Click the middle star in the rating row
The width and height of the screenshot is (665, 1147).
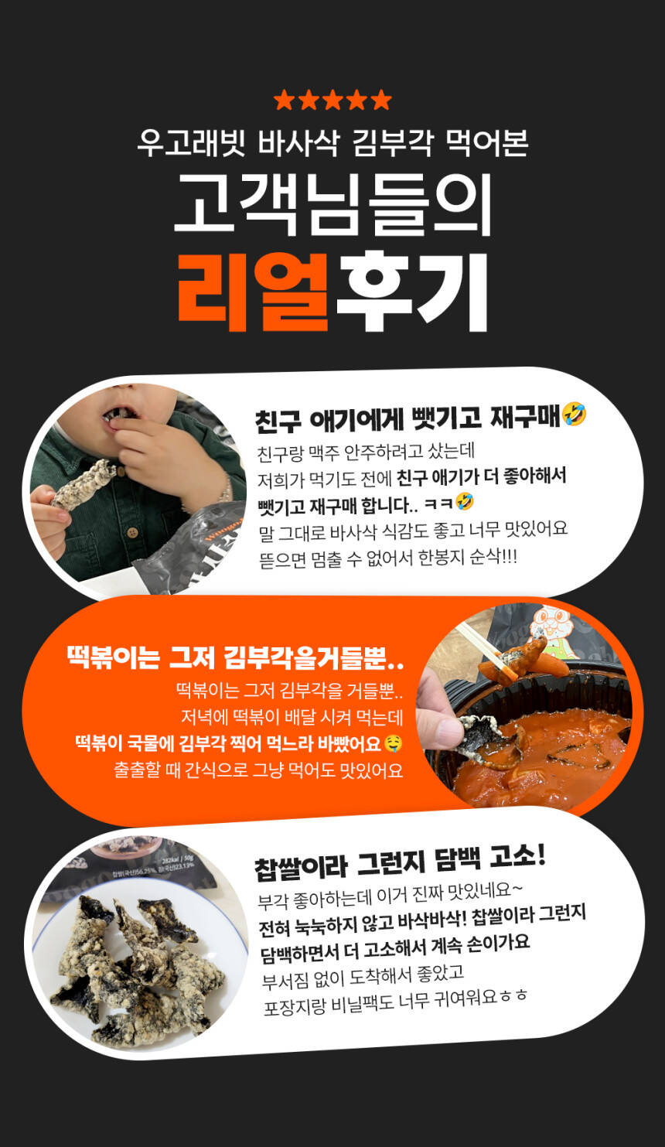pos(332,100)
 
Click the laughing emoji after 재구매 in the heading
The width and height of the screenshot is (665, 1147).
pos(575,415)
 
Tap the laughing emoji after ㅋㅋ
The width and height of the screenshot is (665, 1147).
pos(465,501)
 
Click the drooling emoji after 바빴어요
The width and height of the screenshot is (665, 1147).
pos(393,743)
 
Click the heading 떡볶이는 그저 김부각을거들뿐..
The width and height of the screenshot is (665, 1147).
pos(236,658)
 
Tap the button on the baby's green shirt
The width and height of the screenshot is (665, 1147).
pos(133,532)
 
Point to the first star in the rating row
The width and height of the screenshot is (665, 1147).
pos(284,100)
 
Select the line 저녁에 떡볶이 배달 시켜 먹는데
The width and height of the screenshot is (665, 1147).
pos(292,718)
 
